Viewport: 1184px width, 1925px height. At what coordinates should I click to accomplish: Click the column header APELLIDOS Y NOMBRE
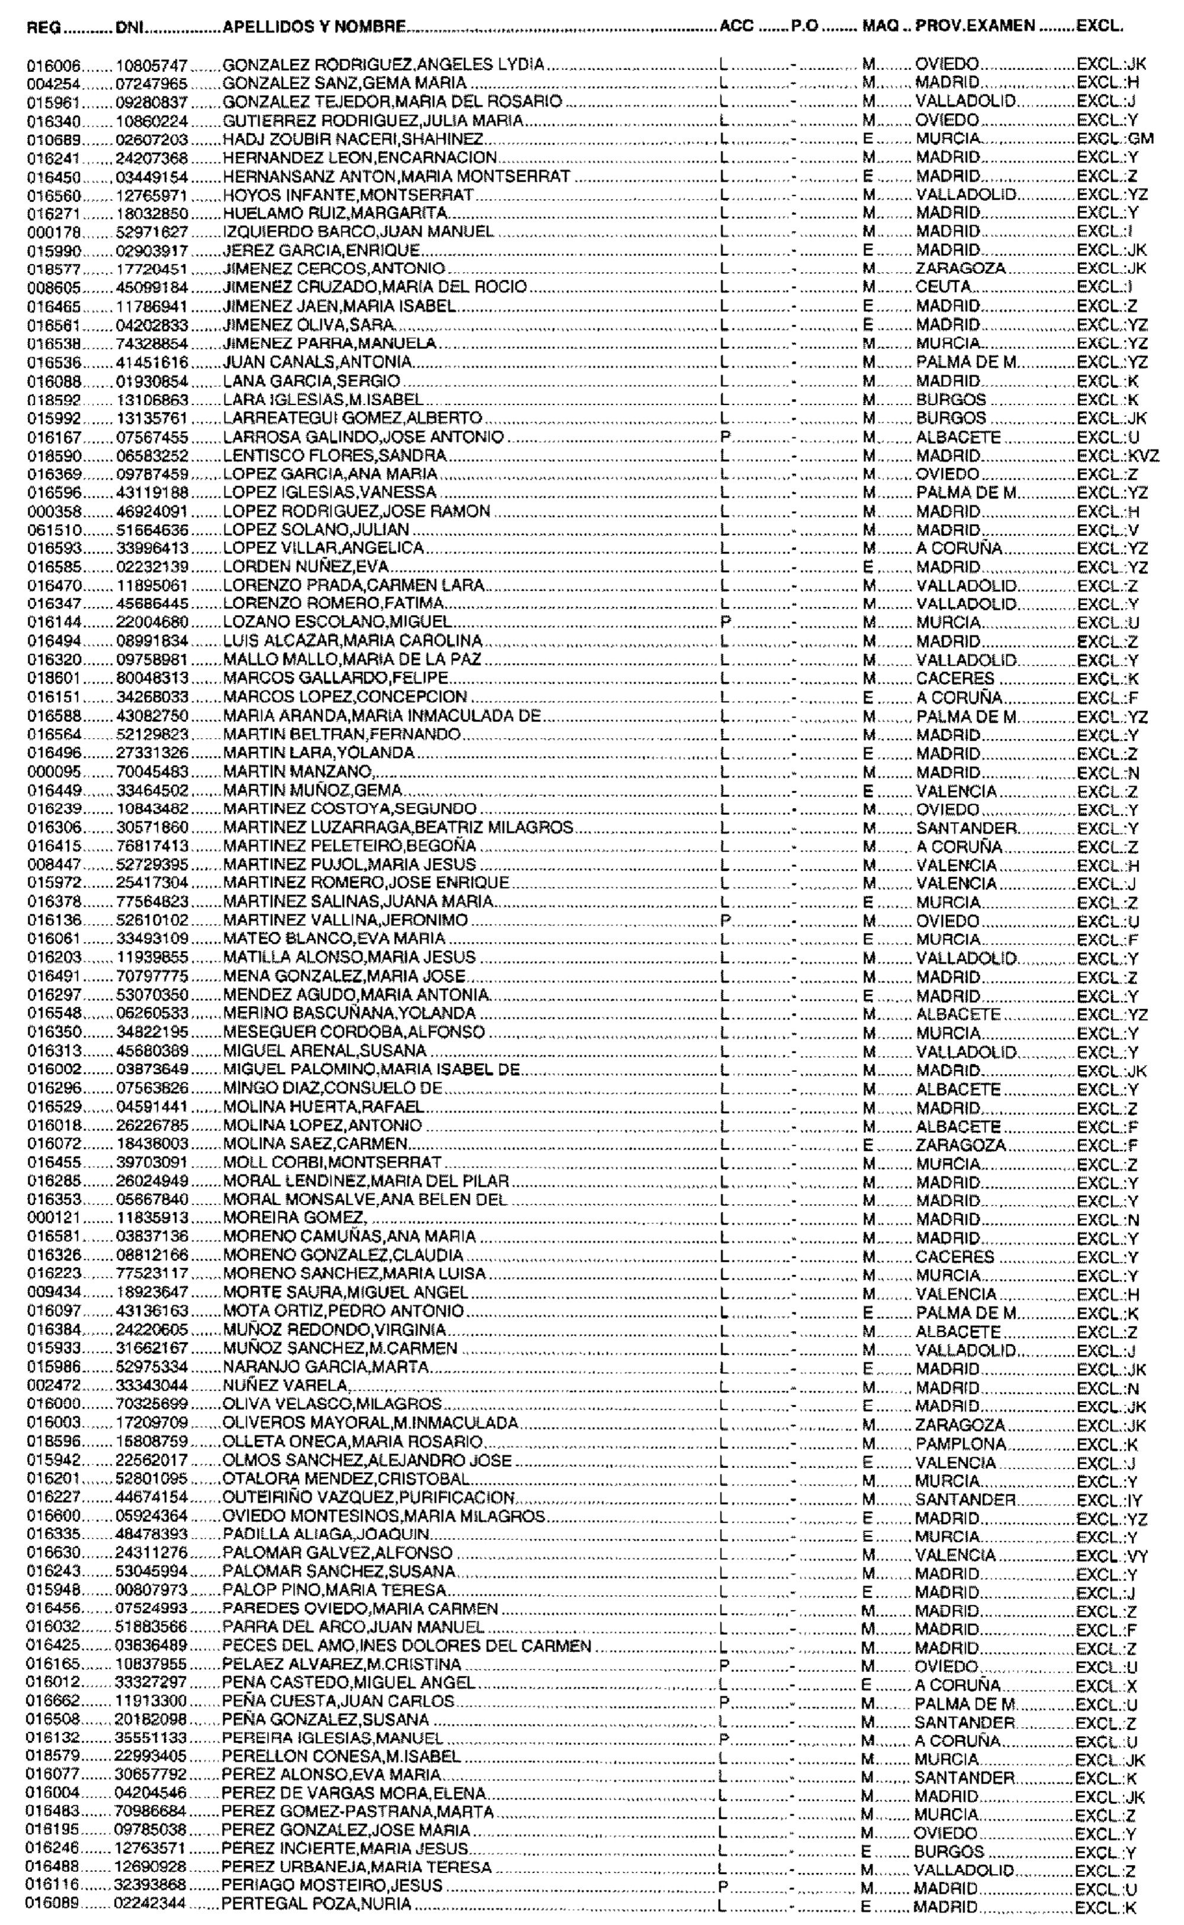(314, 27)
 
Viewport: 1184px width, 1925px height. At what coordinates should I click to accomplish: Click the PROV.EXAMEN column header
(975, 27)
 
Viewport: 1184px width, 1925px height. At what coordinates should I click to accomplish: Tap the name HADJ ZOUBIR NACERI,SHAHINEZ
(353, 139)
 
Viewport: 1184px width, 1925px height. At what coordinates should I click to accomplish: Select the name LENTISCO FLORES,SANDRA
(334, 456)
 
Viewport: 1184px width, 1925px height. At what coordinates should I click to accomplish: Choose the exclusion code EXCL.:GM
(1115, 139)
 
